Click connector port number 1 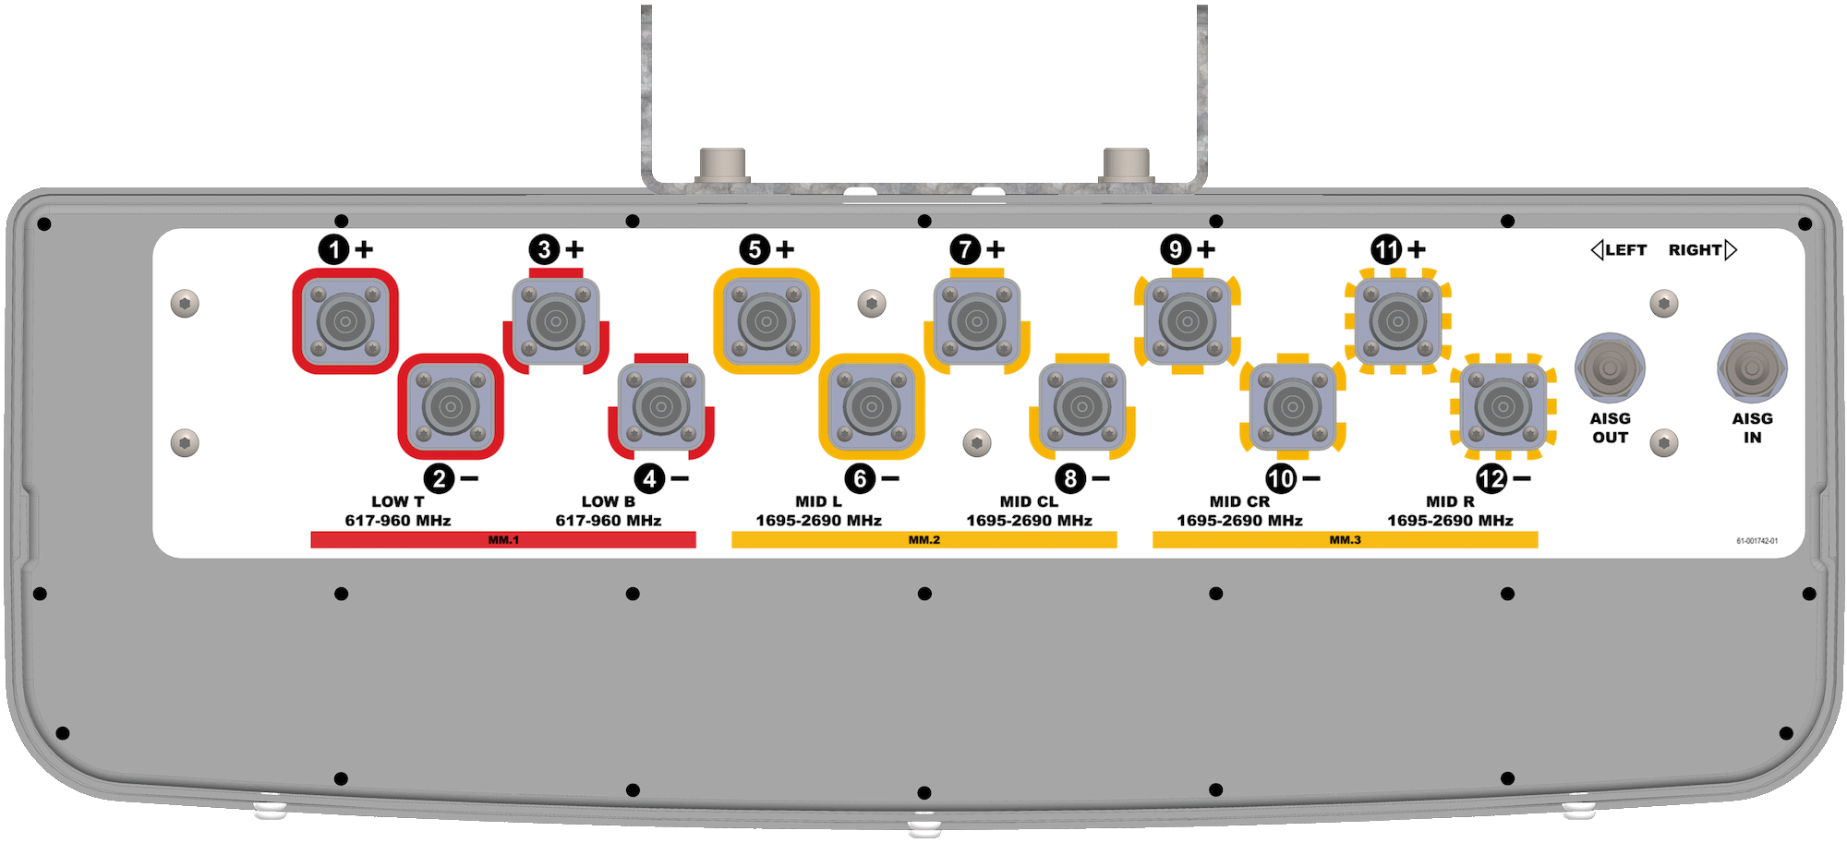coord(345,321)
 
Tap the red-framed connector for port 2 coord(451,406)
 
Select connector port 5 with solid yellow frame coord(767,321)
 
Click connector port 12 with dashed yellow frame coord(1503,406)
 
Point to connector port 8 coord(1082,406)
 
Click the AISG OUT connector coord(1610,367)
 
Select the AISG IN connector coord(1752,367)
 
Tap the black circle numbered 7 coord(965,249)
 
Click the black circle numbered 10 coord(1281,478)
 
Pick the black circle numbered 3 coord(544,249)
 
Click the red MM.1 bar coord(503,539)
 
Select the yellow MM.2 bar coord(923,539)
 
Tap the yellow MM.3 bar coord(1345,539)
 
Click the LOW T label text coord(398,501)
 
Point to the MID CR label coord(1239,501)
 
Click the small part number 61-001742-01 coord(1756,541)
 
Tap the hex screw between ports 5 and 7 coord(872,303)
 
